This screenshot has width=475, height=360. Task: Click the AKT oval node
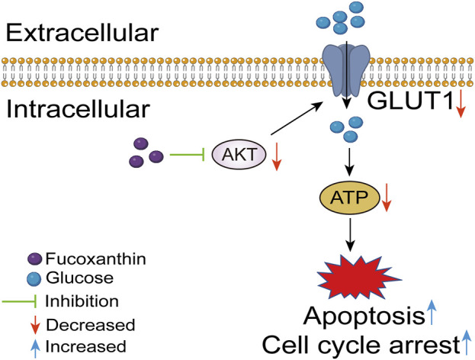pos(239,155)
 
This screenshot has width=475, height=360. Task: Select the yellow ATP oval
pos(350,198)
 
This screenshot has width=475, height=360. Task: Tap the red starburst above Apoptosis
pos(358,277)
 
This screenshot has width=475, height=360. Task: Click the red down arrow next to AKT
pos(276,156)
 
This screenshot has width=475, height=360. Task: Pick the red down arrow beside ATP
pos(387,197)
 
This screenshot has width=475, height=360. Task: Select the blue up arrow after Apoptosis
pos(432,312)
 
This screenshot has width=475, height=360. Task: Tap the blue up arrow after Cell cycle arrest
pos(467,342)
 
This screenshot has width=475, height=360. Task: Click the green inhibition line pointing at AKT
pos(188,155)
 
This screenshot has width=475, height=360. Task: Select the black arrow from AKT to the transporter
pos(297,118)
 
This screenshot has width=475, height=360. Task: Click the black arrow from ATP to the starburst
pos(350,235)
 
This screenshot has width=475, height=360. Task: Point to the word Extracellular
pos(82,33)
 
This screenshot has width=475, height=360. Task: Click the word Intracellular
pos(79,109)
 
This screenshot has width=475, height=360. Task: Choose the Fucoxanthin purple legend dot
pos(34,259)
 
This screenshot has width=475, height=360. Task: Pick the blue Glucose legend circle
pos(34,279)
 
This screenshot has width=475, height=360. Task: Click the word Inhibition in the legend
pos(82,301)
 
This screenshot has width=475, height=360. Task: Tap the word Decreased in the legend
pos(90,325)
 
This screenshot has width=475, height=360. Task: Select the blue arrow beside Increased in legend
pos(35,348)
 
